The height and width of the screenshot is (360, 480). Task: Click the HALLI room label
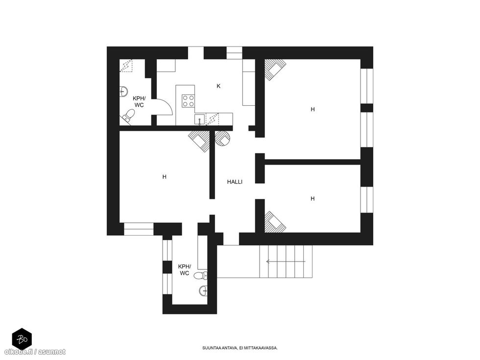[235, 182]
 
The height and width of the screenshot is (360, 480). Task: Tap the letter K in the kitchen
[218, 86]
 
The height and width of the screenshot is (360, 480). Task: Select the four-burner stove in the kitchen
[189, 101]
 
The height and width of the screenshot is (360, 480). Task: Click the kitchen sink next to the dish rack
[200, 119]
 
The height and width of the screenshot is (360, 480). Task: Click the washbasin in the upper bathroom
[123, 91]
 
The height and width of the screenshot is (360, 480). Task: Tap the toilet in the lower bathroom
[201, 275]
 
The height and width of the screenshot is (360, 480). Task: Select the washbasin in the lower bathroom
[203, 290]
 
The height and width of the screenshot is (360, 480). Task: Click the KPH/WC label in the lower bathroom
[184, 270]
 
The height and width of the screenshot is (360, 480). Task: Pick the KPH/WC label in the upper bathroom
[139, 102]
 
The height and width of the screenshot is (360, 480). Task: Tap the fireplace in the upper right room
[275, 70]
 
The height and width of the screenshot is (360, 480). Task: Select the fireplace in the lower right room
[275, 221]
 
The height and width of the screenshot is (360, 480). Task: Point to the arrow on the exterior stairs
[286, 262]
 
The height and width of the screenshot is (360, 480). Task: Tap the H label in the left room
[165, 177]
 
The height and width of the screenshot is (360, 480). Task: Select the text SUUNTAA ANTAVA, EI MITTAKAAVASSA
[240, 348]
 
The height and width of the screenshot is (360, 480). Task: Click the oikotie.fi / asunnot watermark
[35, 352]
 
